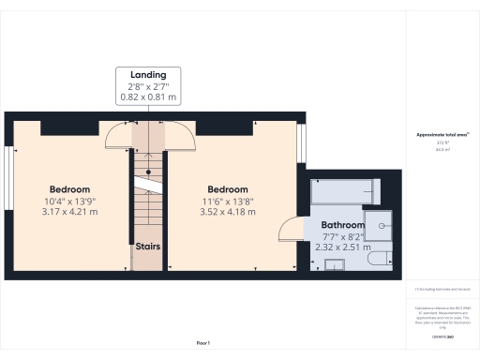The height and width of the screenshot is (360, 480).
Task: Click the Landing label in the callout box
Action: [x=148, y=74]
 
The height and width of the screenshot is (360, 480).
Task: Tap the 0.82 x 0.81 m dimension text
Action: [x=148, y=97]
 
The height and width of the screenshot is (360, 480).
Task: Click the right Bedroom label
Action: [x=228, y=188]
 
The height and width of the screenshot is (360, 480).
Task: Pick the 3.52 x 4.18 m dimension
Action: [x=228, y=212]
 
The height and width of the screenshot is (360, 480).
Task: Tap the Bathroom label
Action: [x=342, y=225]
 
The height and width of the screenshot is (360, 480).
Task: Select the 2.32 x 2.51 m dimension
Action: [x=342, y=247]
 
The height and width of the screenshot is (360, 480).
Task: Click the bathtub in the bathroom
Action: [x=344, y=191]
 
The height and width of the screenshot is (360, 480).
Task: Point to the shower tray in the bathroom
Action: [x=379, y=225]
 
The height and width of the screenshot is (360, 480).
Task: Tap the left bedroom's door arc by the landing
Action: [x=117, y=140]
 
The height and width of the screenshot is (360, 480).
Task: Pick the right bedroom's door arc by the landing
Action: [x=180, y=140]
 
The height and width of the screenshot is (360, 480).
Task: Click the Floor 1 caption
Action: [x=202, y=344]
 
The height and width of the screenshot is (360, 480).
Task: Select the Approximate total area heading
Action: [x=442, y=135]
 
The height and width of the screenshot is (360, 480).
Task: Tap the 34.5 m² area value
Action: [x=442, y=148]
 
